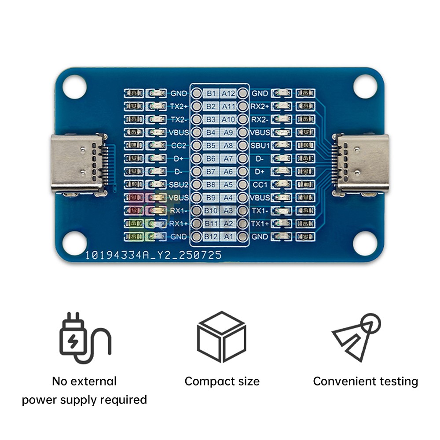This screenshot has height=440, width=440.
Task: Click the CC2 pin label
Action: pos(179,145)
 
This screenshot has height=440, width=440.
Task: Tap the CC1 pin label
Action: pos(260,184)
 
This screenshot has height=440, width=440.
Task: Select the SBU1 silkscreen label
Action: pos(260,145)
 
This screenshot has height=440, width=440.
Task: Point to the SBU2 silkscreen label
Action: pos(179,184)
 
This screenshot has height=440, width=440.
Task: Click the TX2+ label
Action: pos(179,106)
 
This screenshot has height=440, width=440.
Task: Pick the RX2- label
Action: pos(260,119)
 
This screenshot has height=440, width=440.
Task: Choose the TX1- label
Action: pos(260,211)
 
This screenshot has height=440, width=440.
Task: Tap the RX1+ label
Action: pos(179,224)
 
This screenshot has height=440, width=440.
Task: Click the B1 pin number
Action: pos(212,93)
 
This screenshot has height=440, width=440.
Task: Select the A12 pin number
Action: pos(228,93)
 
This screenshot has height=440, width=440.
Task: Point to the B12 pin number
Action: pos(212,237)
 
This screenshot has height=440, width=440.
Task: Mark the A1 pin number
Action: pos(228,237)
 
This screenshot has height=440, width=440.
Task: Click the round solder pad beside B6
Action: pos(197,158)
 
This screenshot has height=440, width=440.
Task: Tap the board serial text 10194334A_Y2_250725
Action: pos(154,255)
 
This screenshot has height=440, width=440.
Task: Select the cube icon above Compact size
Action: pos(221,337)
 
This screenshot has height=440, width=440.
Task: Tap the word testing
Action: pos(395,381)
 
